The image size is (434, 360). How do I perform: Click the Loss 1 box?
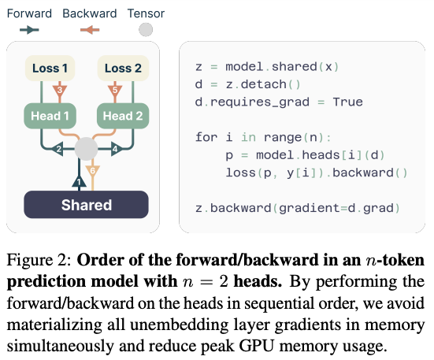tap(50, 68)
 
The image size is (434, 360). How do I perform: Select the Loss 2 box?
tap(123, 68)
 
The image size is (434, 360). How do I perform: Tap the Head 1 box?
tap(50, 116)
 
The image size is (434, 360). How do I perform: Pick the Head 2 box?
tap(123, 116)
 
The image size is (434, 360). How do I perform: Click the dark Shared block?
tap(86, 205)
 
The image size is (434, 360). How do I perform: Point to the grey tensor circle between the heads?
tap(86, 149)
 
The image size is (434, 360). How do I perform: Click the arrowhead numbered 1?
tap(80, 181)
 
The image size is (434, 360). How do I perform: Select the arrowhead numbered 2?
tap(57, 149)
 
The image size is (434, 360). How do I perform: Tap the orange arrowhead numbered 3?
tap(60, 91)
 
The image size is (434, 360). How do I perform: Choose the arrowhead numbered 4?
tap(117, 149)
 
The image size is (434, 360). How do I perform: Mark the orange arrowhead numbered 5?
tap(115, 91)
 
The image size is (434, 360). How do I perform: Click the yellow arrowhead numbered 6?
tap(92, 172)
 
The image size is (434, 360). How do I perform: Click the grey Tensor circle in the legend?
tap(146, 30)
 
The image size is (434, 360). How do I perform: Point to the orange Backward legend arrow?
tap(90, 30)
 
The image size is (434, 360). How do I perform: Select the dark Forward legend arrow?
tap(29, 30)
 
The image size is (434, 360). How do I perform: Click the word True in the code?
tap(347, 102)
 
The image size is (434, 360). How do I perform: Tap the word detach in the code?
tap(263, 84)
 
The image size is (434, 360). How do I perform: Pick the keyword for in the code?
tap(206, 137)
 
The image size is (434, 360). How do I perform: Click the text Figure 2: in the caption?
tap(39, 260)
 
